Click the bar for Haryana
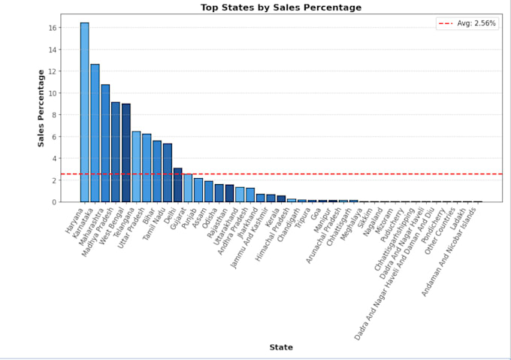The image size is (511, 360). point(85,113)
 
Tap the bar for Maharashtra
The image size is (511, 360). point(106,143)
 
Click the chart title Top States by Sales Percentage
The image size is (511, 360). point(281,8)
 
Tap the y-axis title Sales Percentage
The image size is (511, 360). point(42,107)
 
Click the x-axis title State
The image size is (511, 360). point(281,347)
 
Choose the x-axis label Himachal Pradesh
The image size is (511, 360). point(273,233)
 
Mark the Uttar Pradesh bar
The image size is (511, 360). point(147,168)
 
